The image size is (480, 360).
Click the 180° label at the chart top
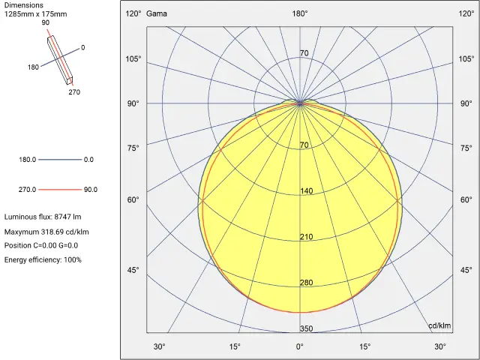pos(300,13)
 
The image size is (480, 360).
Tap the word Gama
pos(157,13)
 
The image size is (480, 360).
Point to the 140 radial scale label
pos(306,191)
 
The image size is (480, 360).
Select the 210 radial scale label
pos(306,237)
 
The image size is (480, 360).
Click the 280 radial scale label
pos(306,283)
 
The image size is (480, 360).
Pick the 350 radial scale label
pos(306,328)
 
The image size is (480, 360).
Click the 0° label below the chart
pos(300,346)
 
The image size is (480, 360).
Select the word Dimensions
pos(24,5)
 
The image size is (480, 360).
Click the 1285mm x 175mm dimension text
pos(36,14)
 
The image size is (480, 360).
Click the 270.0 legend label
pos(28,190)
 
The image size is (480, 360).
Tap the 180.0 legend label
pos(28,160)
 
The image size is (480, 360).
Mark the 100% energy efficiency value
pos(73,259)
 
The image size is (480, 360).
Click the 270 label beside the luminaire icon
pos(74,92)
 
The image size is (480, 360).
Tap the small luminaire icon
pos(61,59)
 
